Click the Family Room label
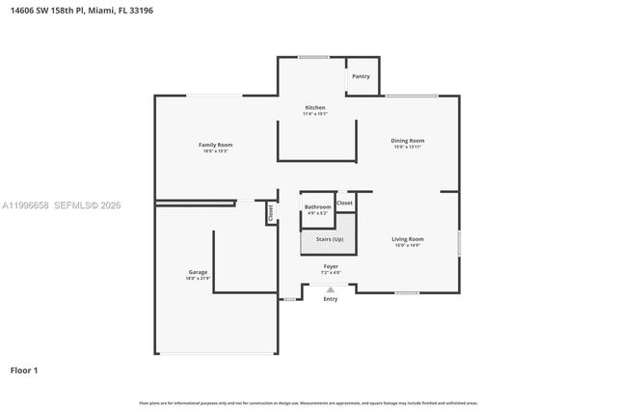[216, 145]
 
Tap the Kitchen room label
[315, 107]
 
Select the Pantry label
[362, 76]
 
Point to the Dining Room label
[407, 141]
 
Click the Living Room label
[407, 238]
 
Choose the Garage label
[198, 272]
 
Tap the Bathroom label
[317, 206]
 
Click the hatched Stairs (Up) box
[329, 239]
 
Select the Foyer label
[331, 265]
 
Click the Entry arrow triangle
[331, 288]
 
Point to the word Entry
[331, 299]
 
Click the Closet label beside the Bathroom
[344, 203]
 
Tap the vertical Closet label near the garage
[271, 213]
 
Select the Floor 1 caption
[24, 370]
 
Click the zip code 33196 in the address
[140, 11]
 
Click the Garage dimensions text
[198, 278]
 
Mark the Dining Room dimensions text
[407, 147]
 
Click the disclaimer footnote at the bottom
[308, 402]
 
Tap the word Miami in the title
[101, 11]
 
